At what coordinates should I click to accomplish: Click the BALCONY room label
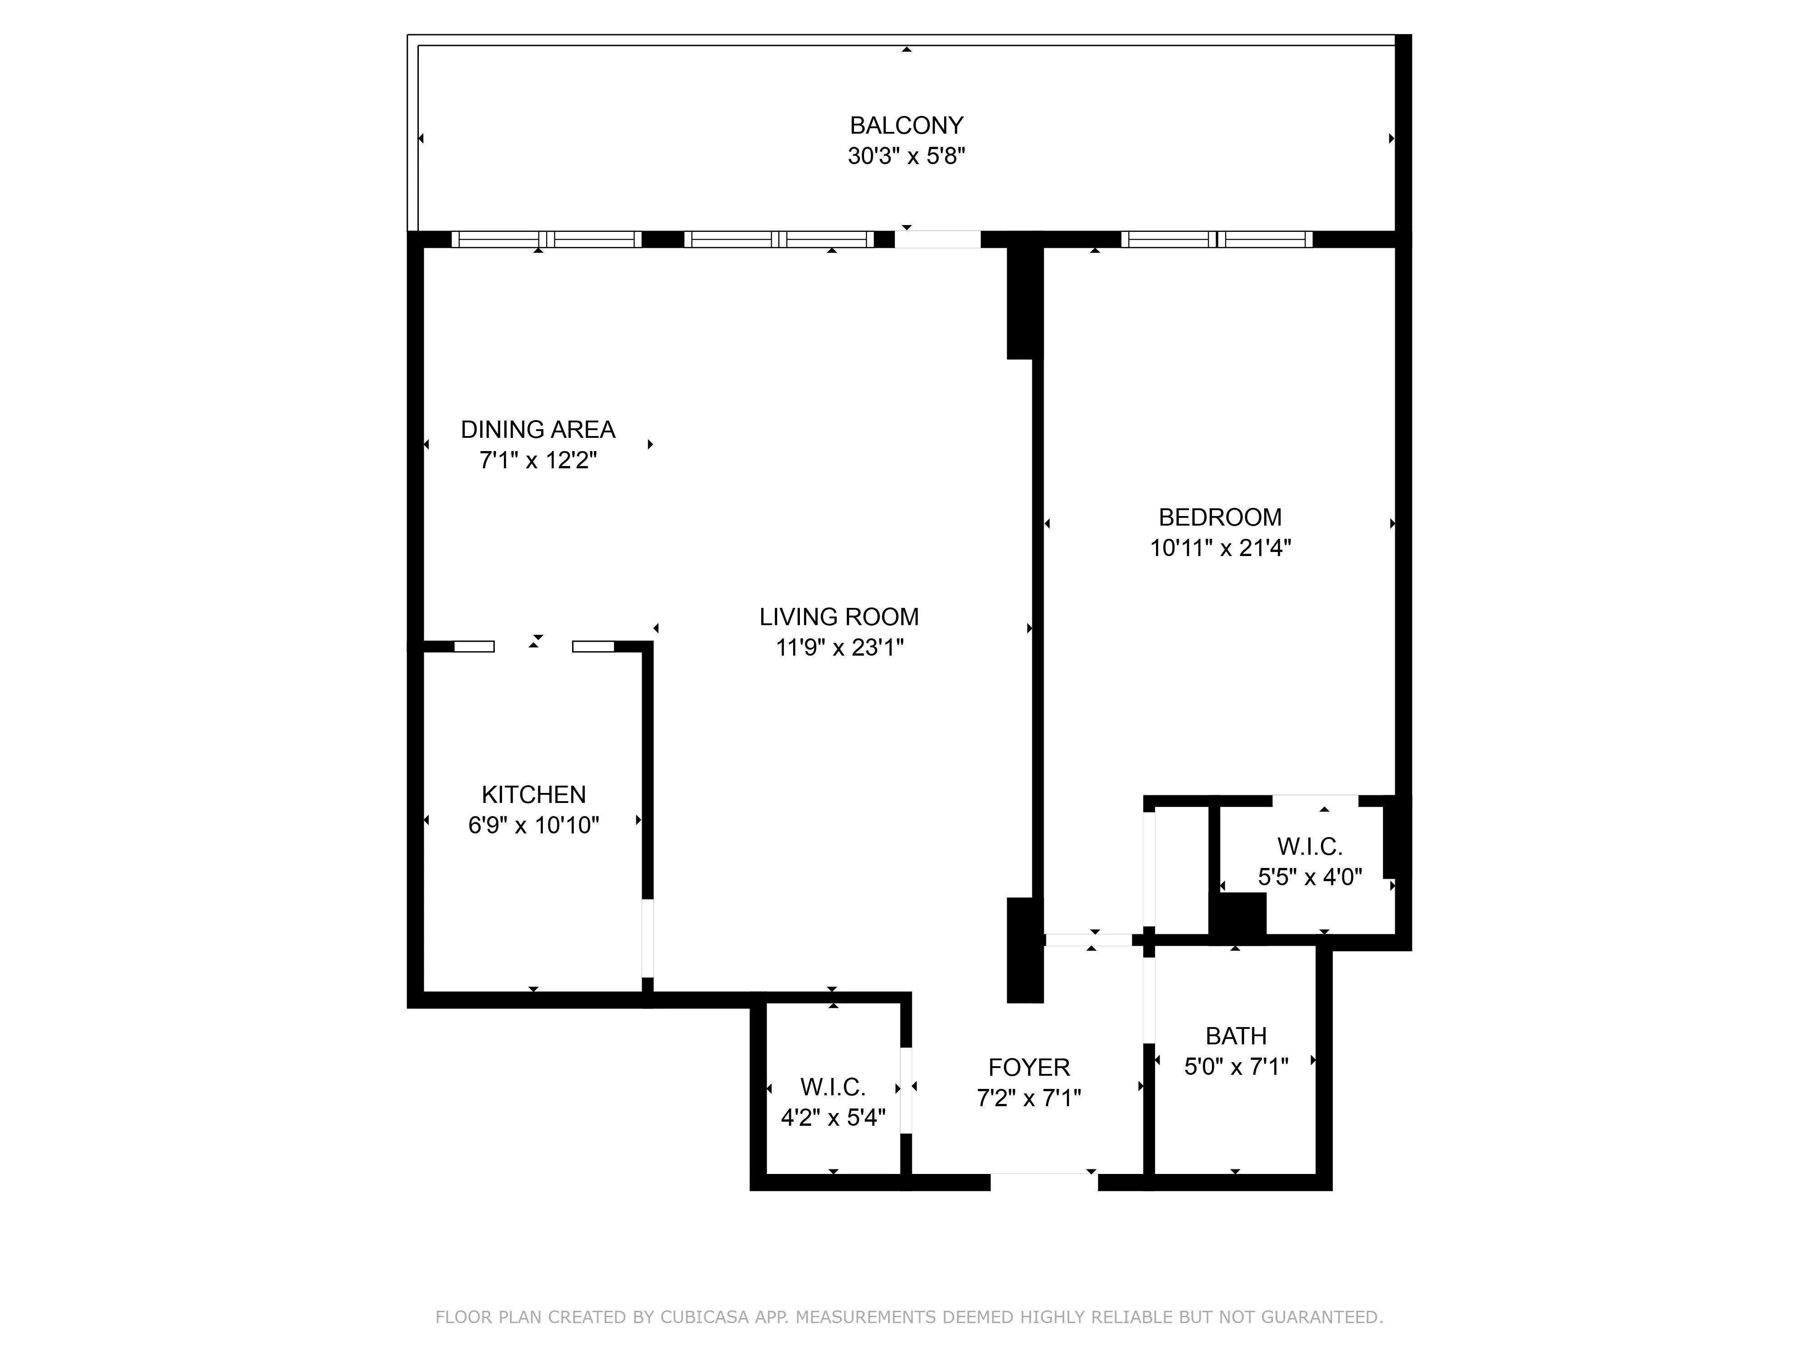(906, 126)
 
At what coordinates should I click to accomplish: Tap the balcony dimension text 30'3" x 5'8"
(906, 156)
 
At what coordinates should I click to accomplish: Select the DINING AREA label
(538, 429)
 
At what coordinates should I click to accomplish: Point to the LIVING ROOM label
(839, 617)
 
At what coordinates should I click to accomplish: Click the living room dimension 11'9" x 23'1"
(839, 648)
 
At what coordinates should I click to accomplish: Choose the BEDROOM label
(1220, 517)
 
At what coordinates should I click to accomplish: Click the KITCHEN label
(534, 794)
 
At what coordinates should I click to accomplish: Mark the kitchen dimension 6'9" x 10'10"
(534, 826)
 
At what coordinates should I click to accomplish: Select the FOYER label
(1029, 1067)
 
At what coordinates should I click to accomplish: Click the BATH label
(1235, 1036)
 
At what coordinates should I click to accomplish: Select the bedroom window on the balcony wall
(1217, 239)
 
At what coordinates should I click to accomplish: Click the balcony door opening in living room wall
(937, 239)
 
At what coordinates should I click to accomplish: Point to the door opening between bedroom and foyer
(1088, 940)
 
